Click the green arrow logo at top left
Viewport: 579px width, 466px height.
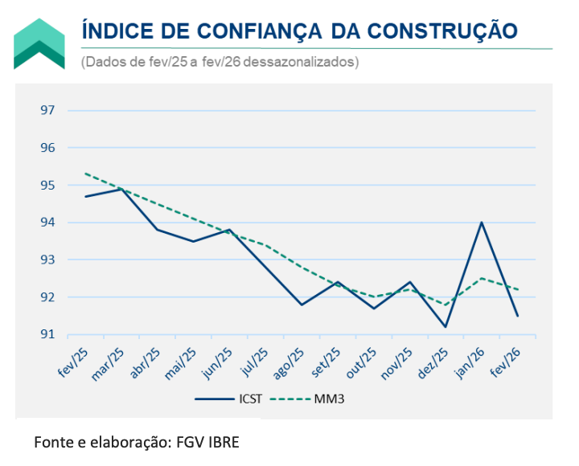click(x=39, y=43)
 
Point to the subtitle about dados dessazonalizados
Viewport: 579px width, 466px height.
click(x=220, y=62)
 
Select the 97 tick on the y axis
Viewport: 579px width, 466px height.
click(x=48, y=110)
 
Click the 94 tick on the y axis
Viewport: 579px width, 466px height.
click(x=48, y=223)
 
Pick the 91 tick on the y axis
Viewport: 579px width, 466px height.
click(x=48, y=334)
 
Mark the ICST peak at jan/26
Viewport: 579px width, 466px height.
click(x=481, y=223)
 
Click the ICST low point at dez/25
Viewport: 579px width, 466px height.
click(x=445, y=327)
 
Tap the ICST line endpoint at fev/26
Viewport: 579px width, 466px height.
click(x=517, y=316)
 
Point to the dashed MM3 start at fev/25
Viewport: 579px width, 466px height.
click(x=84, y=174)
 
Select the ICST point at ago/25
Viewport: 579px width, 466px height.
click(x=301, y=305)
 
